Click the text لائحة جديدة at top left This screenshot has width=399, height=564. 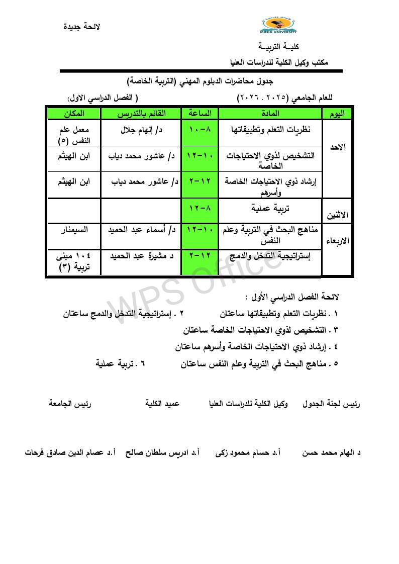(x=82, y=27)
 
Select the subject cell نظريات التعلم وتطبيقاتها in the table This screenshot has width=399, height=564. (x=270, y=130)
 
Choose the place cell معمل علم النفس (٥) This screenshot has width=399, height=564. (x=73, y=135)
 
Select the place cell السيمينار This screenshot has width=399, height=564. (x=73, y=230)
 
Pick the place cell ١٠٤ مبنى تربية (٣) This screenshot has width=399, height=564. (x=73, y=261)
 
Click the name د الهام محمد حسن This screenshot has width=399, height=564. (x=332, y=452)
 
